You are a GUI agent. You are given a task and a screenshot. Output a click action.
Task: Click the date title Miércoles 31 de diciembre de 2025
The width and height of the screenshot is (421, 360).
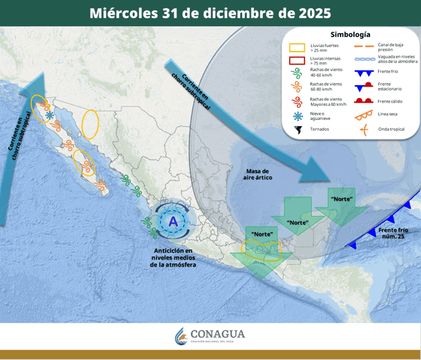tap(210, 13)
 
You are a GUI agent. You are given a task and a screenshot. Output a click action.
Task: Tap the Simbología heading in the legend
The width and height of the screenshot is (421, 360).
tap(349, 34)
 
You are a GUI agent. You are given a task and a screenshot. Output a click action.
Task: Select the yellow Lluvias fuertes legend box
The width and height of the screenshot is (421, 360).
tap(297, 48)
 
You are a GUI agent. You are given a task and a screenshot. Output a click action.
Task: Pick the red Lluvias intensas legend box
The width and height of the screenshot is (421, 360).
tap(297, 60)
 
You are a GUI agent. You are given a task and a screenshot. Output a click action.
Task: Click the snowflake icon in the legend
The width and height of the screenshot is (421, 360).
tap(297, 116)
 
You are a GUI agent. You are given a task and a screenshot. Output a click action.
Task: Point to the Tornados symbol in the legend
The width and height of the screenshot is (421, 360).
tap(297, 129)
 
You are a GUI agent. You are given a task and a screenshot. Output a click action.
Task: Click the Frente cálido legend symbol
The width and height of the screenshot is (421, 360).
tap(364, 101)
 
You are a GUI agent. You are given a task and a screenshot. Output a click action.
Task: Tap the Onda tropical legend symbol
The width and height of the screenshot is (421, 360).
tap(364, 129)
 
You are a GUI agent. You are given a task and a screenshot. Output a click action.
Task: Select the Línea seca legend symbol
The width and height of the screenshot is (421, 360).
tap(364, 115)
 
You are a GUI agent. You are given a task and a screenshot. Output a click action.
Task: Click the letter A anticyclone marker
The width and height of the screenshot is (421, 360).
tap(173, 221)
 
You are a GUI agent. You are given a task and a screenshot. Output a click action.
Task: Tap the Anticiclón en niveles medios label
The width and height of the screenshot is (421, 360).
tap(173, 257)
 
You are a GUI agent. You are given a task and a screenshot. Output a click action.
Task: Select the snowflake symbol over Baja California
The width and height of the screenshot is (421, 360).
tap(50, 115)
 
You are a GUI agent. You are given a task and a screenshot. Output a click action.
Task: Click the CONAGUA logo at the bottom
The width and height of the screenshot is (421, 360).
tap(210, 336)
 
